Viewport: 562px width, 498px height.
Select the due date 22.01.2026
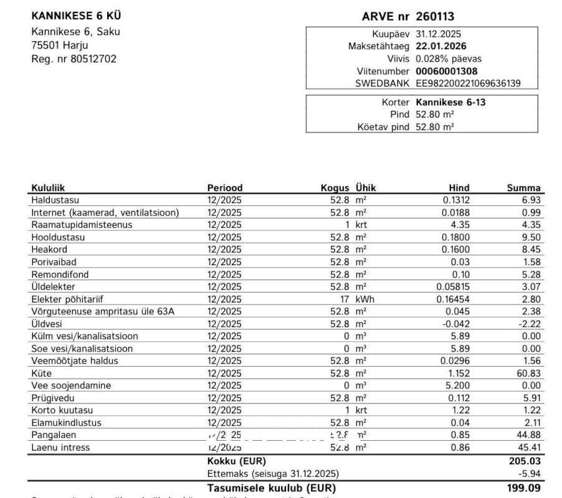(x=441, y=46)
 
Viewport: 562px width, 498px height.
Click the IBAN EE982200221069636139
(x=468, y=83)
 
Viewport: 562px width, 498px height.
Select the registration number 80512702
(x=95, y=59)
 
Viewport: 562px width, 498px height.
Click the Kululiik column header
(x=48, y=188)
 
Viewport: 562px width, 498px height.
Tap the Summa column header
(x=523, y=188)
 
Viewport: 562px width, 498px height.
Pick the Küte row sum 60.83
(x=529, y=374)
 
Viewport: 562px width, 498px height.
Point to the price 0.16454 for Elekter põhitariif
(x=453, y=299)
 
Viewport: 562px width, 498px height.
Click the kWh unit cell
(x=365, y=299)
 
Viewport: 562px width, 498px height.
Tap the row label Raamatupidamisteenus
(x=82, y=225)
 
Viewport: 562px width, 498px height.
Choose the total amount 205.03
(x=525, y=461)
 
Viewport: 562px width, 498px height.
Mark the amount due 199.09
(x=525, y=487)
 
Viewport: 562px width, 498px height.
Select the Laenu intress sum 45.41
(x=529, y=448)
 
